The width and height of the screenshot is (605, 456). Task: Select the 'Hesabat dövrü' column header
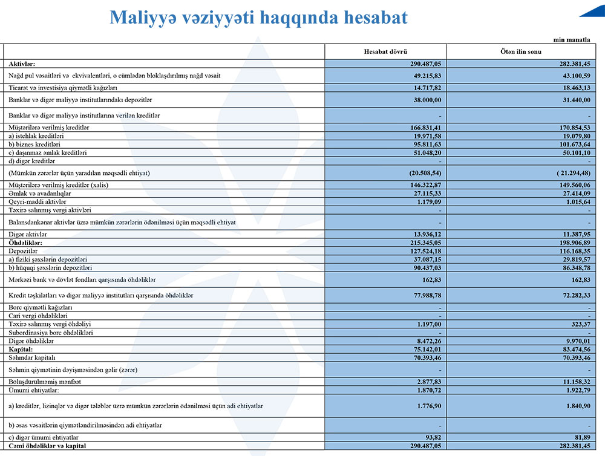(x=385, y=52)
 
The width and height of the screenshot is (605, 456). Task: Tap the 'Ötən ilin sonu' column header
(x=522, y=52)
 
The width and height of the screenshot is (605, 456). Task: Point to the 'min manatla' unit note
(x=572, y=39)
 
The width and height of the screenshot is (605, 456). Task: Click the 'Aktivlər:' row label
(x=22, y=64)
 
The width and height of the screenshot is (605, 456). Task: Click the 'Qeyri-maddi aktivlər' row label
(x=38, y=201)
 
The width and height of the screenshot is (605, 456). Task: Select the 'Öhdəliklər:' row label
(x=25, y=242)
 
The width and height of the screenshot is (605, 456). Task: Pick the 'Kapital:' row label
(x=21, y=350)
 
